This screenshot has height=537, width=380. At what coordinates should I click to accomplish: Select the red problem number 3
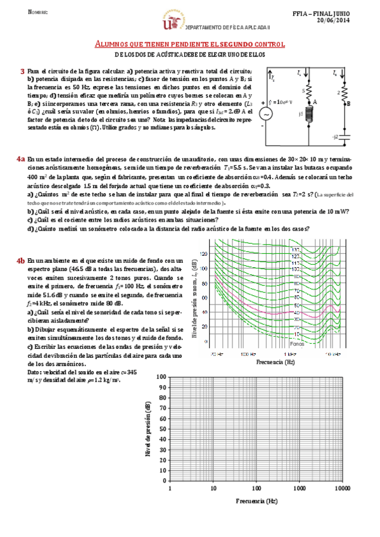tap(23, 72)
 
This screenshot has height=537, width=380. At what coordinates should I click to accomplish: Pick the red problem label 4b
tap(22, 260)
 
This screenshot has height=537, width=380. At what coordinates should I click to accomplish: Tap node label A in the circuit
tap(315, 101)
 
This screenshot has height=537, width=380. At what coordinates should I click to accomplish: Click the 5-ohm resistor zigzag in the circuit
tap(309, 91)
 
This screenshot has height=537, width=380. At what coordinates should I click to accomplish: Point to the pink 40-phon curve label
tap(296, 306)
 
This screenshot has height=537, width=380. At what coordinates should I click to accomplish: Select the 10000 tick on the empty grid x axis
tap(343, 490)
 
